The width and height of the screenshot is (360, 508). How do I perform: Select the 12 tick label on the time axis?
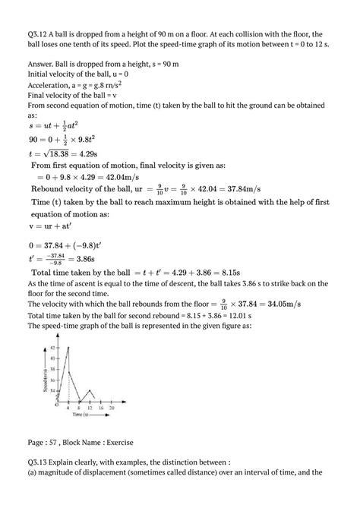pyautogui.click(x=90, y=408)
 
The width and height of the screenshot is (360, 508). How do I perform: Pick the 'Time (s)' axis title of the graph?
pyautogui.click(x=83, y=415)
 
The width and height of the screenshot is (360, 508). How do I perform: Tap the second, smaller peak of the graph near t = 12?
pyautogui.click(x=90, y=390)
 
